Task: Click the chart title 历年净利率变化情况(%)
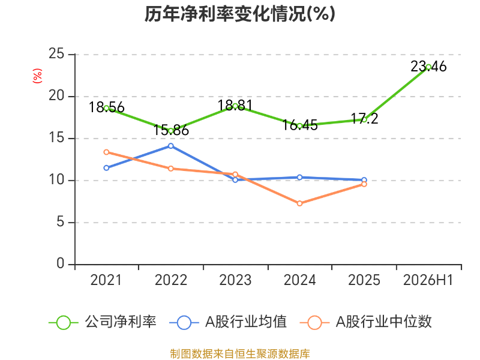[x=239, y=14]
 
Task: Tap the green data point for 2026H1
[x=428, y=67]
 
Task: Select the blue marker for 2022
[x=171, y=146]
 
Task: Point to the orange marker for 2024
[x=299, y=203]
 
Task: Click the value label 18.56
[x=107, y=107]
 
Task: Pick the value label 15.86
[x=171, y=130]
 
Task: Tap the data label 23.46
[x=428, y=67]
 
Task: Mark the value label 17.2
[x=364, y=119]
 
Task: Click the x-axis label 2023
[x=235, y=280]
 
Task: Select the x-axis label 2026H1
[x=428, y=280]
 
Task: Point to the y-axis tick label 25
[x=56, y=54]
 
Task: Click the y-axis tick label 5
[x=61, y=222]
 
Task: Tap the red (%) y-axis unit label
[x=37, y=76]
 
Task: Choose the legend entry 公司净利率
[x=103, y=322]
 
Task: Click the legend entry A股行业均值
[x=228, y=322]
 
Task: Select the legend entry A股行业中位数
[x=366, y=322]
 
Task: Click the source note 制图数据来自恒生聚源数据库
[x=240, y=353]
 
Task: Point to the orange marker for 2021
[x=107, y=152]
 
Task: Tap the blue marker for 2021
[x=107, y=168]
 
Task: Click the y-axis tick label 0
[x=61, y=263]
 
